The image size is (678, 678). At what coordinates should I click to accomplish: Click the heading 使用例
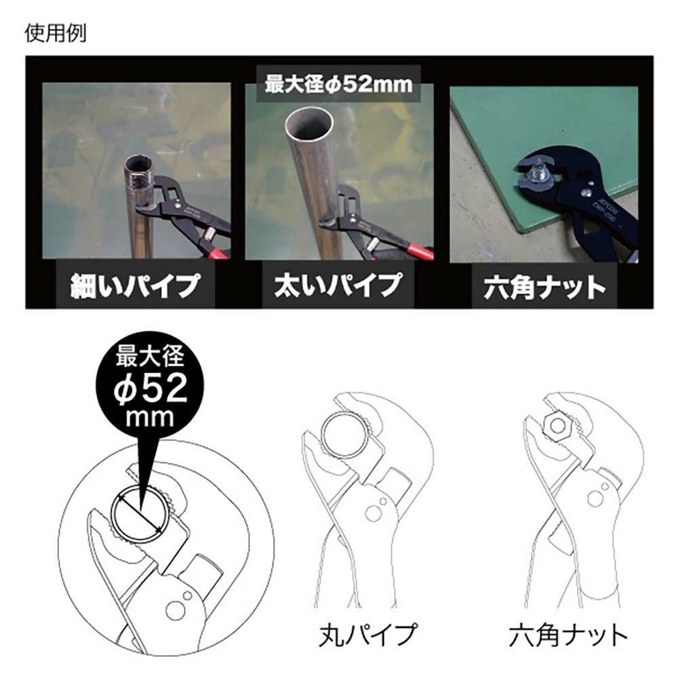coord(56,33)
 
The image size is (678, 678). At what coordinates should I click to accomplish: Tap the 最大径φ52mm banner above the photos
coord(338,83)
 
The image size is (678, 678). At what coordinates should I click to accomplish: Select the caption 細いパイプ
coord(136,285)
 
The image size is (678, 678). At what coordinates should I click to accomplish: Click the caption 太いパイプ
coord(338,285)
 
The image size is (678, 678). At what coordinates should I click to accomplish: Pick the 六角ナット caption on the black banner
coord(544,287)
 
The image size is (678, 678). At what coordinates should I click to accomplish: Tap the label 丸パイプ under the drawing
coord(367,635)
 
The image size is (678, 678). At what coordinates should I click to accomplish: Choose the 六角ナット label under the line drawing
coord(567,635)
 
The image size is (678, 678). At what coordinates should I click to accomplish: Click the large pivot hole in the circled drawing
coord(175,611)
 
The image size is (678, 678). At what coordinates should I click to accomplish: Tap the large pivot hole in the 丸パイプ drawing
coord(373,514)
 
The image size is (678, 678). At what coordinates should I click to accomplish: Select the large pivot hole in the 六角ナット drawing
coord(595,500)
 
